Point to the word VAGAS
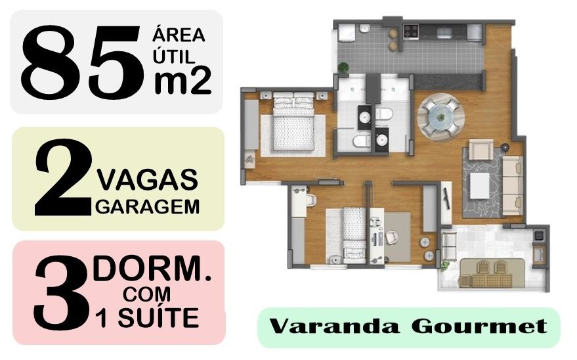147,178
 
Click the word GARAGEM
148,207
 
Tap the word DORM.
153,269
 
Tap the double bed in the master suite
293,125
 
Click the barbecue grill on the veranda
539,233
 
